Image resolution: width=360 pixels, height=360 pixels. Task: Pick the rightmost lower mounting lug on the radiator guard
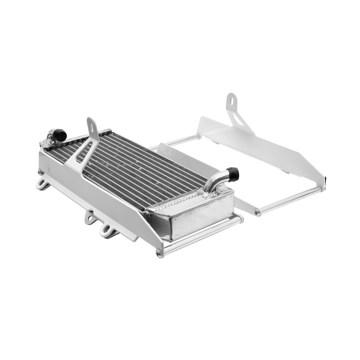(107, 231)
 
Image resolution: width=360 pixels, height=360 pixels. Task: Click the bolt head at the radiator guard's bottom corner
(160, 253)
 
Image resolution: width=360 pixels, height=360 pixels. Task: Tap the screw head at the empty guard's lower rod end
(258, 212)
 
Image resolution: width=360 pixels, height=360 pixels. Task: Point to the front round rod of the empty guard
(290, 200)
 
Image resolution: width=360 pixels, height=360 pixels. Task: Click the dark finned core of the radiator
(141, 165)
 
